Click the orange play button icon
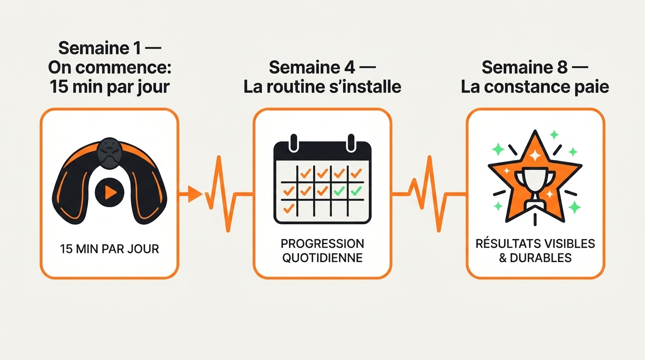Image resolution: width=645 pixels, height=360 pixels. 110,192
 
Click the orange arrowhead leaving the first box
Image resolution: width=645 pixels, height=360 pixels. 195,194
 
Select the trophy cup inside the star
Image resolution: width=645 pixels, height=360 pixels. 535,187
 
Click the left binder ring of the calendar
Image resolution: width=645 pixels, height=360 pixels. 294,142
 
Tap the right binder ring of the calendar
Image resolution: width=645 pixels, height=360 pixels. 351,142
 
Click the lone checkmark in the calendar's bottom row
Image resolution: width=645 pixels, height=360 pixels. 289,208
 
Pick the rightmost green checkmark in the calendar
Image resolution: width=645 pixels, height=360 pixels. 356,191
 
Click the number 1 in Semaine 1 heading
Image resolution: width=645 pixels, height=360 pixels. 136,48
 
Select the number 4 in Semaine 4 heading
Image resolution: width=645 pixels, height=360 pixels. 349,67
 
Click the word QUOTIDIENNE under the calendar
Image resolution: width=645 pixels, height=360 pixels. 322,258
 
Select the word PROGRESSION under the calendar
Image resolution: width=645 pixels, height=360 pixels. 322,244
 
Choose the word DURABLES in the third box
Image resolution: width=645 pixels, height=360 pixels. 540,258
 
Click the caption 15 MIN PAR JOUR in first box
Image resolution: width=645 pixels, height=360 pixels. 109,249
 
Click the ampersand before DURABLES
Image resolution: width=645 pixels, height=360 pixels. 503,258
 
